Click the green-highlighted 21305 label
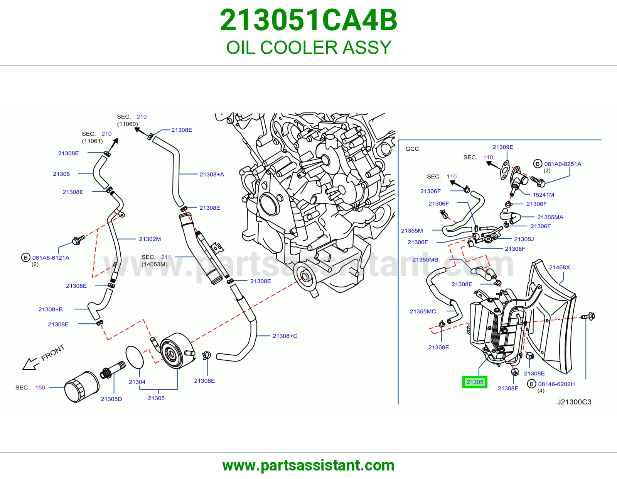(x=475, y=382)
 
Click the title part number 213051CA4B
(x=308, y=20)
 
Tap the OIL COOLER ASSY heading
(x=308, y=48)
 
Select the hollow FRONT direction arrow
(x=31, y=363)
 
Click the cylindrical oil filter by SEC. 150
(x=82, y=387)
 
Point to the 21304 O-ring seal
(x=135, y=357)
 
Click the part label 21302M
(x=150, y=239)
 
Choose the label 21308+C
(x=285, y=336)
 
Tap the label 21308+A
(x=212, y=174)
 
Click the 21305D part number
(x=111, y=399)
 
